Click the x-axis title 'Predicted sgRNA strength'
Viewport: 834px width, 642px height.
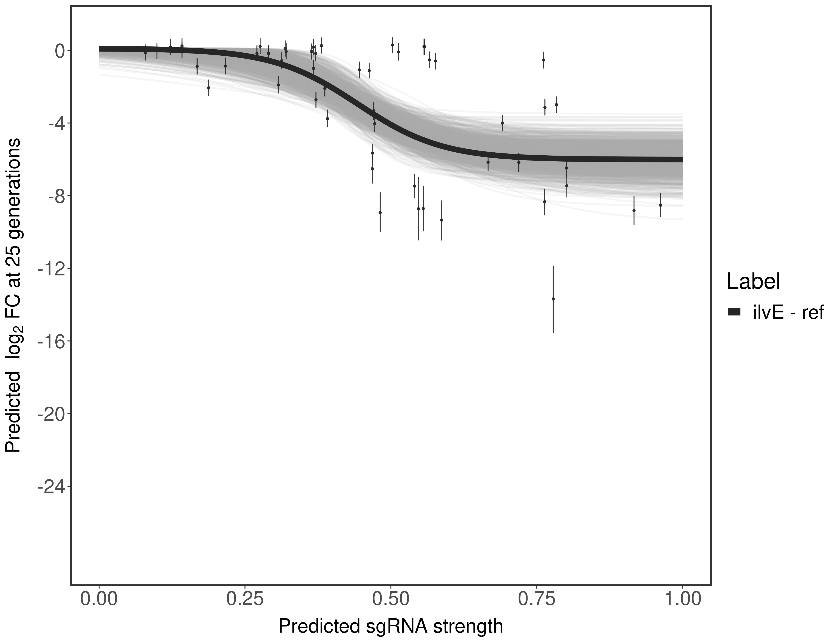(391, 627)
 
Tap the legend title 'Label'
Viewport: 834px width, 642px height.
(753, 282)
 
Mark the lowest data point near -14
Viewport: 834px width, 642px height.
(553, 299)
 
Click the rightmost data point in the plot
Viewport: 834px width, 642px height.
(660, 205)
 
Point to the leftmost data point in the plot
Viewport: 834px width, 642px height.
(145, 53)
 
